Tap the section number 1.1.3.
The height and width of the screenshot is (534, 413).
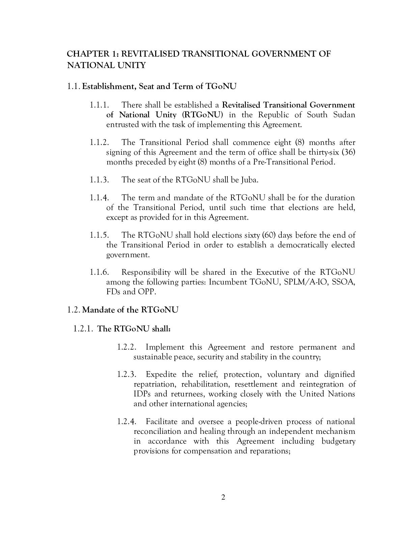click(99, 180)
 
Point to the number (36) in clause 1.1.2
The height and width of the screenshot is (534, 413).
click(348, 152)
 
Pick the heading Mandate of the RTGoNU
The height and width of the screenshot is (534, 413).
click(130, 310)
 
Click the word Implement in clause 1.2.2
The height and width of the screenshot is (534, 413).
click(165, 347)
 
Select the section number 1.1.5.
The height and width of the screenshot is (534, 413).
click(99, 235)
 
